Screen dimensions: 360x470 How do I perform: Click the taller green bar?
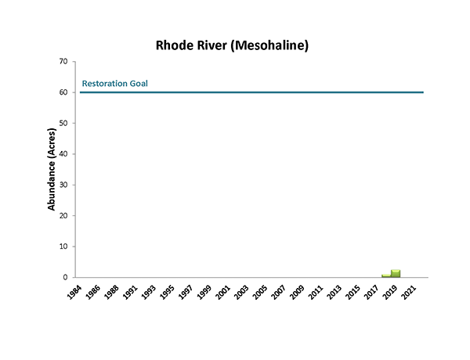[x=396, y=273]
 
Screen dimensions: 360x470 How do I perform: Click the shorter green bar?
[x=386, y=275]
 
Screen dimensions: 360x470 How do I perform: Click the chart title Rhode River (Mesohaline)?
[x=232, y=45]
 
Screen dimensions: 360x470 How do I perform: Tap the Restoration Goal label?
[x=115, y=84]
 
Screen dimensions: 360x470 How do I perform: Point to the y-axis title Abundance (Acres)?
[x=52, y=169]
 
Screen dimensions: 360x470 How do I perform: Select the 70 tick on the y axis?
[x=64, y=61]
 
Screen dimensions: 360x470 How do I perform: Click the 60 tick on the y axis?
[x=64, y=92]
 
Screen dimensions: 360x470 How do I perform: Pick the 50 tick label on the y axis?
[x=64, y=123]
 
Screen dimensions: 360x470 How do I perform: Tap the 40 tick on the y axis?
[x=64, y=153]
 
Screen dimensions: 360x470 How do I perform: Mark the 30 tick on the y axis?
[x=64, y=185]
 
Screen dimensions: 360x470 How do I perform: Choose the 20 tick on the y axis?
[x=64, y=215]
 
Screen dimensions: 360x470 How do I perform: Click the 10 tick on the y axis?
[x=64, y=247]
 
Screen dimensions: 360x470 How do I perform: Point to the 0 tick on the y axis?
[x=67, y=277]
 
